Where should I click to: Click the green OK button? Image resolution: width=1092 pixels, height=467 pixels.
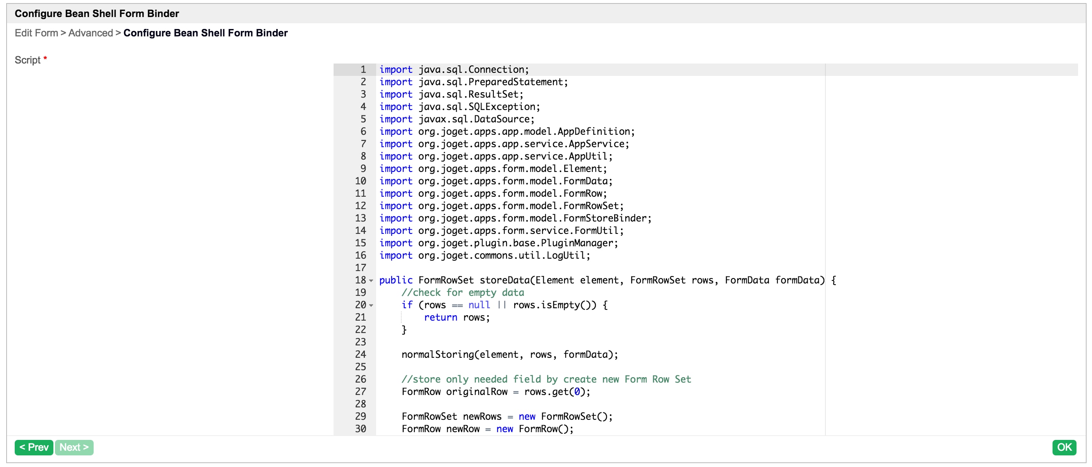pos(1064,447)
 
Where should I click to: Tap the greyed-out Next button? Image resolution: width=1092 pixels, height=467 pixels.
pos(74,447)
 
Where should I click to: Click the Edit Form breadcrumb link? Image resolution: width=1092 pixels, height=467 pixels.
pos(36,33)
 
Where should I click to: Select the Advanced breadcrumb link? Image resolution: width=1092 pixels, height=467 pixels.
pos(90,33)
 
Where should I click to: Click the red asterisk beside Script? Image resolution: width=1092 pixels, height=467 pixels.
pos(45,58)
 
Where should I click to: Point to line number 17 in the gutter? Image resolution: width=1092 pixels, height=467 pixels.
pos(360,268)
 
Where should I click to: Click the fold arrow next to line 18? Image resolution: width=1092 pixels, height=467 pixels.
pos(371,281)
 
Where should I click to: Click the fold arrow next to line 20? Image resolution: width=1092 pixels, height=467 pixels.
pos(371,306)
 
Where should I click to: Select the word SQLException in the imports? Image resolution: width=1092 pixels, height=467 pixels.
pos(501,107)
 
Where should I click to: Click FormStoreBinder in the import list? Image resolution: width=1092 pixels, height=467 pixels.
pos(605,218)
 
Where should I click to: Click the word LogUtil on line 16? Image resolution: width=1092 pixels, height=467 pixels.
pos(566,255)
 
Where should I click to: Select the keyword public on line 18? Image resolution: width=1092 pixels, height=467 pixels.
pos(395,280)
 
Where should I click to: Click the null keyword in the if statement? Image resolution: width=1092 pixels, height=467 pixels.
pos(479,305)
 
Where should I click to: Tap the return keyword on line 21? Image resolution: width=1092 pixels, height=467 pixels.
pos(440,317)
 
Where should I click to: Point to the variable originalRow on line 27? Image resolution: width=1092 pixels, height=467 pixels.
pos(476,392)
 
